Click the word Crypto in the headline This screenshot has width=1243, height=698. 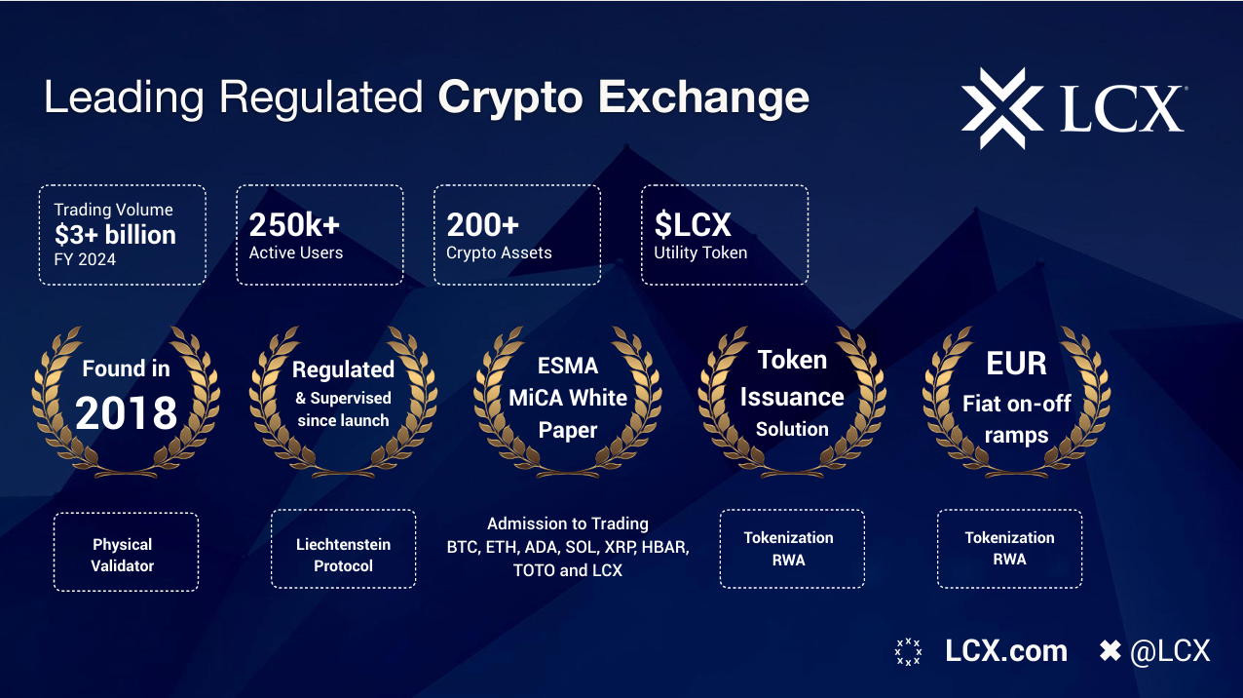(510, 98)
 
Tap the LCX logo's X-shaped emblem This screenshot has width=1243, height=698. (1002, 108)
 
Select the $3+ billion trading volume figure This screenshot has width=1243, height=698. (115, 235)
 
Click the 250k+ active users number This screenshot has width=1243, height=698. (294, 225)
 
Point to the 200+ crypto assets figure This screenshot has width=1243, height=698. (483, 225)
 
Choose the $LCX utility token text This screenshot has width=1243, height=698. (693, 225)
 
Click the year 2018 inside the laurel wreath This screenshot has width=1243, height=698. (126, 412)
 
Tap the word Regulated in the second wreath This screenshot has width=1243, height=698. (343, 369)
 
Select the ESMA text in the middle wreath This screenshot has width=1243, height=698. (568, 366)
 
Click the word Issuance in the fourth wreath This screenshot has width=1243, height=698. (792, 397)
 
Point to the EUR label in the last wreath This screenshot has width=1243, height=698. (1016, 364)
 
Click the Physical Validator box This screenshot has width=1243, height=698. (126, 552)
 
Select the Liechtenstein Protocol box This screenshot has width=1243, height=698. (344, 549)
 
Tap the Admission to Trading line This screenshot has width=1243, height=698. (568, 523)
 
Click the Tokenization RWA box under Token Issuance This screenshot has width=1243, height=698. (792, 549)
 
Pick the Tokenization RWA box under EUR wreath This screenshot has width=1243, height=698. (1009, 549)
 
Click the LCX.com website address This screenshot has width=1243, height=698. (1006, 651)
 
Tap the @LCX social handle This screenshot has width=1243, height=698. (1170, 651)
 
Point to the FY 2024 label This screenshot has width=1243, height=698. (85, 259)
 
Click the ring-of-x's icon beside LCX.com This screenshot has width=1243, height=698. (909, 651)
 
